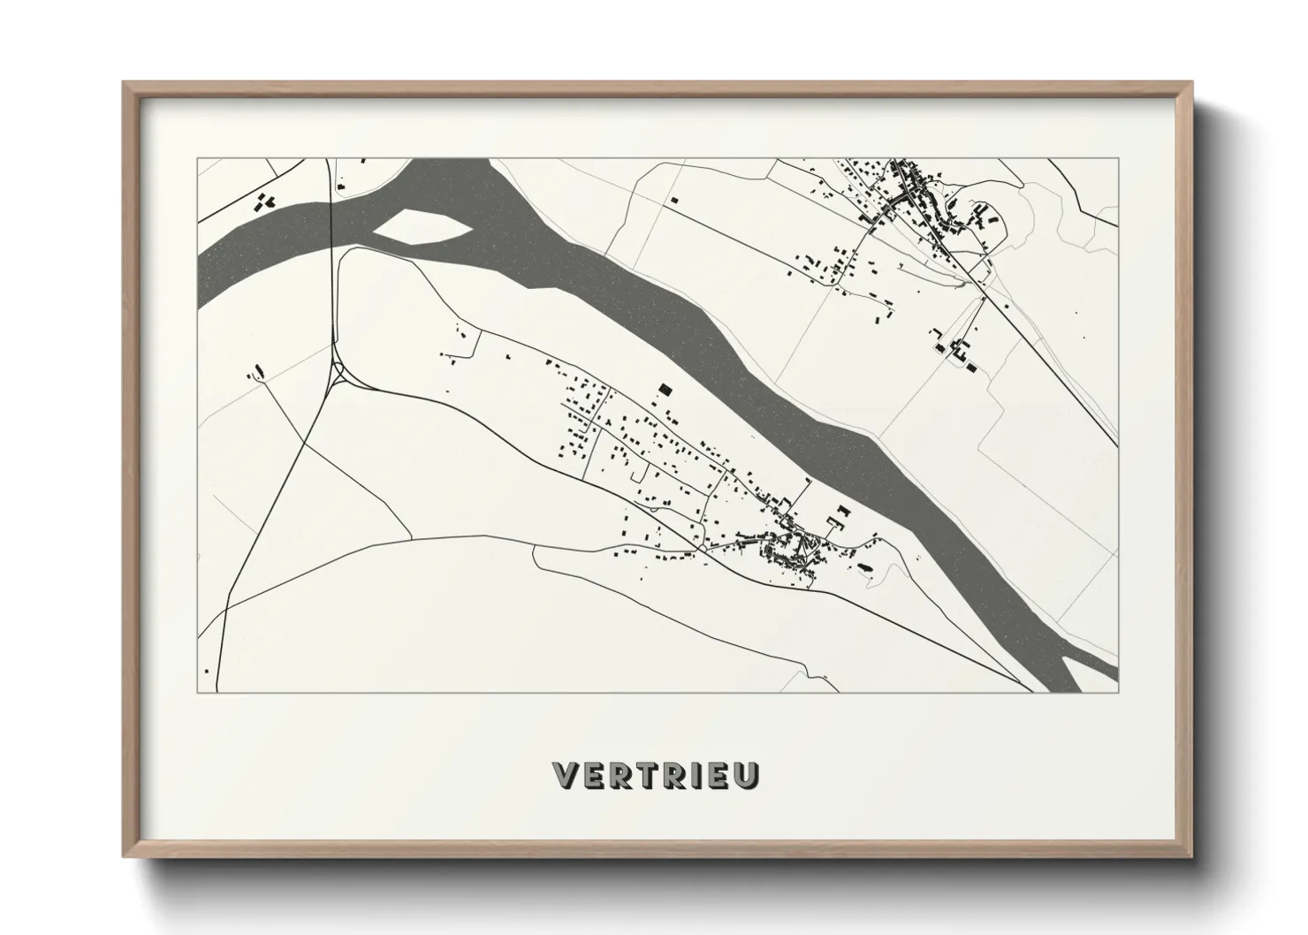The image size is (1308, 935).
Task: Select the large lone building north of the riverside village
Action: (x=665, y=388)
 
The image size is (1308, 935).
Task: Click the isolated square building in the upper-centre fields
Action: (x=673, y=200)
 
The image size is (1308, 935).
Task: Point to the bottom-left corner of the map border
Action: (x=197, y=692)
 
